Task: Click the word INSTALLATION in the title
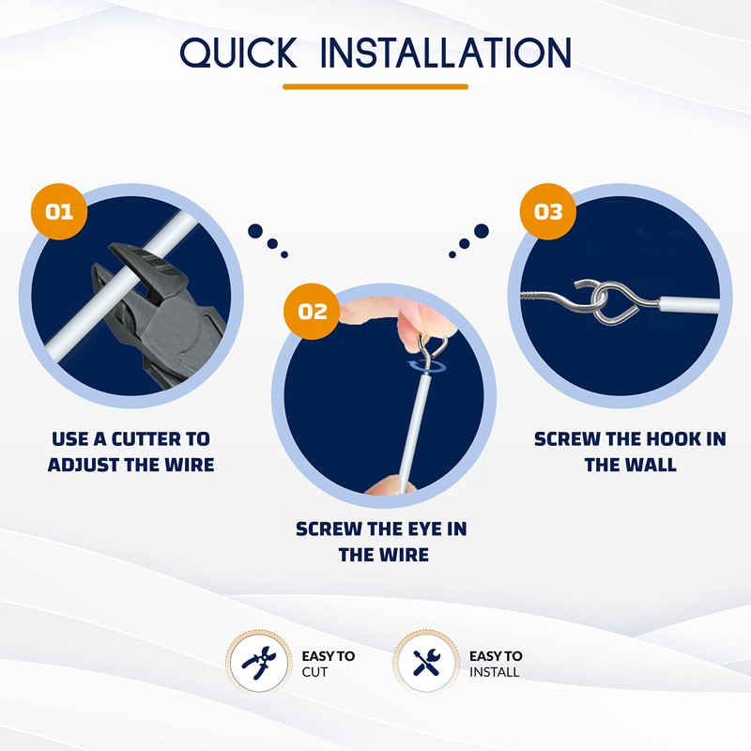pos(445,54)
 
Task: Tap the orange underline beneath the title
pos(375,86)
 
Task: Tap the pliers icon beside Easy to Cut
pos(255,663)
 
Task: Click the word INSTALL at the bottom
pos(494,672)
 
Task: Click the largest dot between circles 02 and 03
pos(482,230)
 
